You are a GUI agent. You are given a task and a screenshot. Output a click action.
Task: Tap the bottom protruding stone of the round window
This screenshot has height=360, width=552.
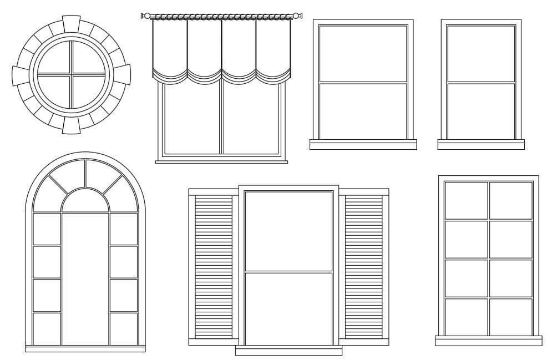[71, 126]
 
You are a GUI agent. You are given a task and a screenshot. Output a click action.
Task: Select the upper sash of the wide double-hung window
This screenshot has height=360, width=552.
[363, 53]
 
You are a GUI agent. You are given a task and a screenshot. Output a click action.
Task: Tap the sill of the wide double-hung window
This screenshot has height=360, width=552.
[363, 145]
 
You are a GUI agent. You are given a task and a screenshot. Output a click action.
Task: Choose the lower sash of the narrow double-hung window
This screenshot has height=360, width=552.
[481, 110]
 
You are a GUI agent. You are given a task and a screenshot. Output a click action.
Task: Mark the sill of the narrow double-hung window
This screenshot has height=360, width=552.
[481, 145]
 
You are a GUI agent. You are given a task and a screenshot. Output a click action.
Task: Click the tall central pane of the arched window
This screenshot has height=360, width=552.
[85, 277]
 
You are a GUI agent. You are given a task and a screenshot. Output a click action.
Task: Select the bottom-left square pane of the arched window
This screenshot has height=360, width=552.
[47, 328]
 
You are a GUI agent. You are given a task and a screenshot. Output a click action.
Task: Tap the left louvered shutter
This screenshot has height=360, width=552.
[214, 266]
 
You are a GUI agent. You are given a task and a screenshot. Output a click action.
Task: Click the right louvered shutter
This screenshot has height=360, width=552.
[364, 266]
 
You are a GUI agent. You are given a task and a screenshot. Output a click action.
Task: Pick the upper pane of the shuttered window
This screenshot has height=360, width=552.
[288, 231]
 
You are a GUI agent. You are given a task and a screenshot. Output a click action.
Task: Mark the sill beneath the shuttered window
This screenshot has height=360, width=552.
[288, 351]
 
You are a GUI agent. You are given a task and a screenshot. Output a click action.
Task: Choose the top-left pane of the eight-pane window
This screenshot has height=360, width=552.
[466, 200]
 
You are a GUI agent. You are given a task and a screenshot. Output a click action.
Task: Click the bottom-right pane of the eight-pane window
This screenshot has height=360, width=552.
[511, 317]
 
